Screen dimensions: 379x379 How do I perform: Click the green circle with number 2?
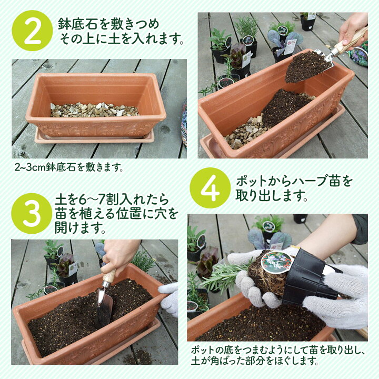tap(32, 31)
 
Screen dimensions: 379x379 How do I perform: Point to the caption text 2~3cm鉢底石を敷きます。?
tap(69, 168)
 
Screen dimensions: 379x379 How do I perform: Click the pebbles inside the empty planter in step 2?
tap(95, 110)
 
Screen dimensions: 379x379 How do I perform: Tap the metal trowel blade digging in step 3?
tap(104, 305)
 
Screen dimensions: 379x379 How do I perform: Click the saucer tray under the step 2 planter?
tap(95, 138)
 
